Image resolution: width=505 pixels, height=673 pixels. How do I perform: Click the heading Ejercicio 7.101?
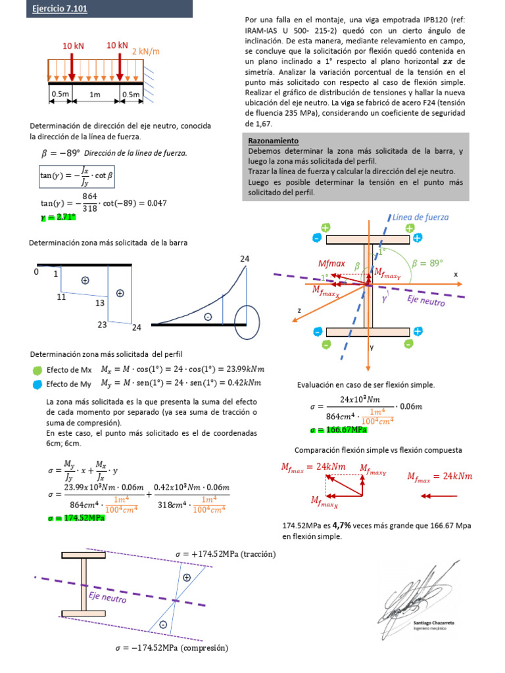[x=60, y=9]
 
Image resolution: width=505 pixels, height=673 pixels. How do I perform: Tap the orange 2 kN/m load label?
[x=146, y=51]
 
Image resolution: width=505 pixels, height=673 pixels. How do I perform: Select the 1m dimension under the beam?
[x=95, y=95]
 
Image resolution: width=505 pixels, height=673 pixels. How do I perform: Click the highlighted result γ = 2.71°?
[x=58, y=217]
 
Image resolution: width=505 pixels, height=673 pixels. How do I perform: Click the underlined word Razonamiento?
[x=273, y=141]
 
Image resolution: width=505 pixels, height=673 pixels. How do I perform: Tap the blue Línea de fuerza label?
[x=420, y=217]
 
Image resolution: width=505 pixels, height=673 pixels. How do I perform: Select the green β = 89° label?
[x=427, y=263]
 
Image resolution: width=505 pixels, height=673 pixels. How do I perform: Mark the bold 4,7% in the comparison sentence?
[x=341, y=526]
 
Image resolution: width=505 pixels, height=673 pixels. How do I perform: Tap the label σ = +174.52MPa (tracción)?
[x=226, y=554]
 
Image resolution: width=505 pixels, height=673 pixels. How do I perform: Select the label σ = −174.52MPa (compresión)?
[x=171, y=647]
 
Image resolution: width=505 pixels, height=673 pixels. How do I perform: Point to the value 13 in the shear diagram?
[x=100, y=303]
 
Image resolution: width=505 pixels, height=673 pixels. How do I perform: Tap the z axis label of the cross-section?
[x=299, y=311]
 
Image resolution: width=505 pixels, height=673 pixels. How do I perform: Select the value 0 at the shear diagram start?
[x=37, y=271]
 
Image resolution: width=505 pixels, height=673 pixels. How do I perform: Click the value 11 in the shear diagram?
[x=62, y=297]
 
